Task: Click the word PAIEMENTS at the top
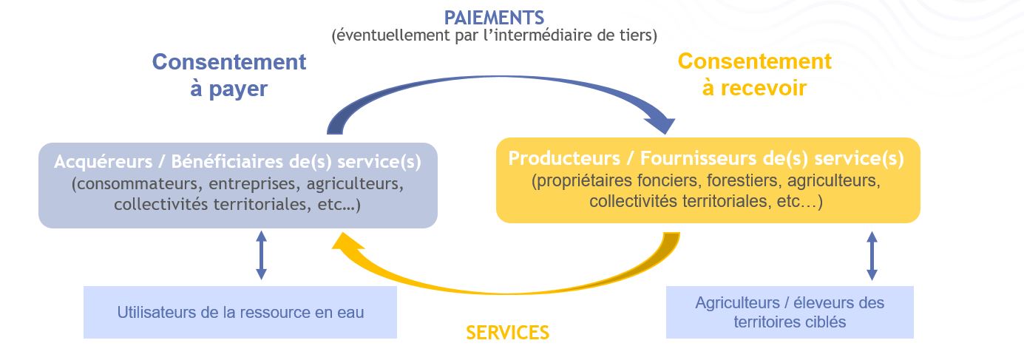tap(493, 16)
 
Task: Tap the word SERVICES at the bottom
tap(507, 333)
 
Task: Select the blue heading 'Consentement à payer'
tap(228, 75)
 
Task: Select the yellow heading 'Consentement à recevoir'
tap(754, 74)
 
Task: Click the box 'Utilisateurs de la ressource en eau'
tap(240, 312)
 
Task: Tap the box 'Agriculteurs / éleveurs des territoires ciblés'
tap(790, 312)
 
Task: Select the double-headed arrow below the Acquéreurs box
tap(261, 255)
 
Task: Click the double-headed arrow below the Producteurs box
tap(872, 255)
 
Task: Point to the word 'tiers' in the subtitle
tap(635, 35)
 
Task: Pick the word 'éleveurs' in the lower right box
tap(820, 303)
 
